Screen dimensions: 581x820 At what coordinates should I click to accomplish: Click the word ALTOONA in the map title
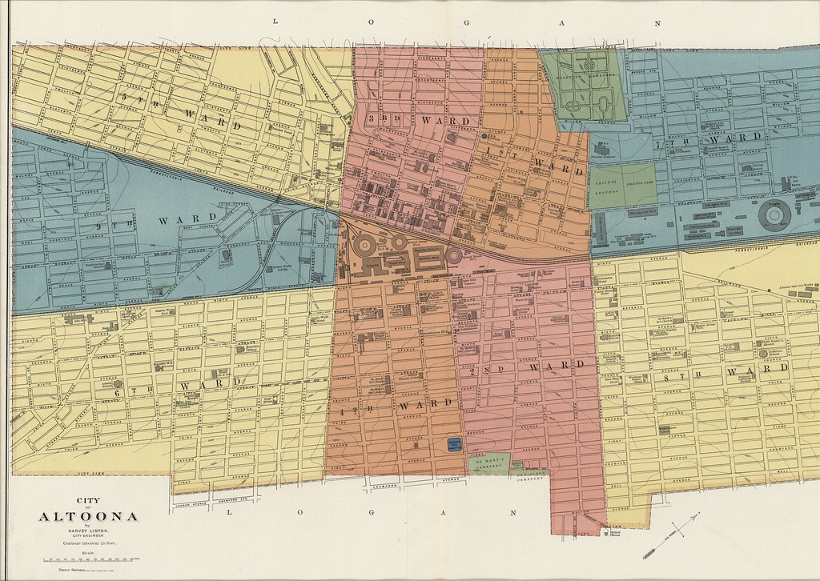pyautogui.click(x=88, y=516)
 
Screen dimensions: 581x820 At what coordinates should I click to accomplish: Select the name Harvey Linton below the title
pyautogui.click(x=89, y=531)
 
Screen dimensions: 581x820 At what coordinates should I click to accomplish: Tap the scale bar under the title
pyautogui.click(x=89, y=558)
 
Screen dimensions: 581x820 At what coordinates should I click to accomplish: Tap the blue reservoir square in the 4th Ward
pyautogui.click(x=455, y=443)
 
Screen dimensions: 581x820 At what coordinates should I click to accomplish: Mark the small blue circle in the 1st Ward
pyautogui.click(x=484, y=137)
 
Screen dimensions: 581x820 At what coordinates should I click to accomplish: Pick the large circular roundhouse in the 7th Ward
pyautogui.click(x=775, y=214)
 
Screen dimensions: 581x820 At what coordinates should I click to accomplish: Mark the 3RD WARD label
pyautogui.click(x=416, y=119)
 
